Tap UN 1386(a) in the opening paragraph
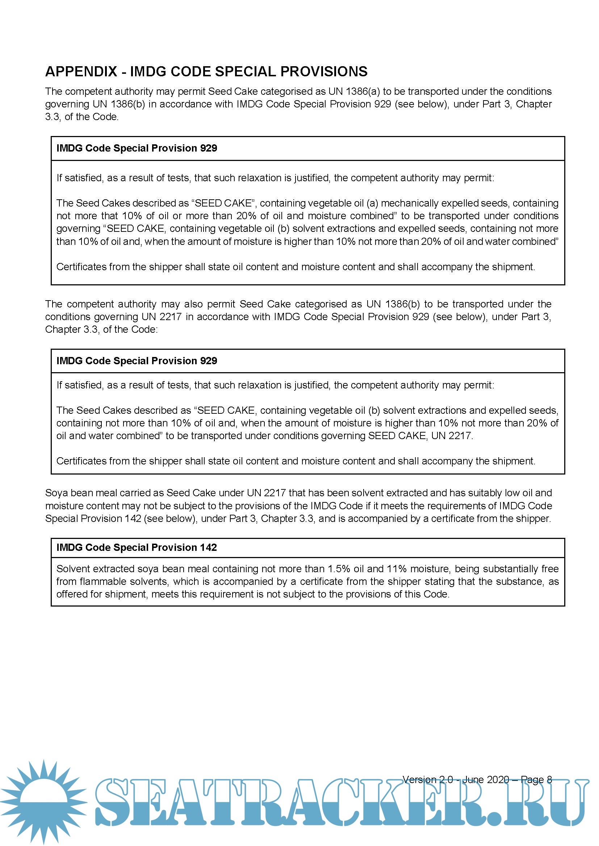pyautogui.click(x=354, y=92)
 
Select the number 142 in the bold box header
pyautogui.click(x=208, y=548)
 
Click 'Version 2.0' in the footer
pyautogui.click(x=427, y=780)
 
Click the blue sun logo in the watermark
pyautogui.click(x=43, y=800)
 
